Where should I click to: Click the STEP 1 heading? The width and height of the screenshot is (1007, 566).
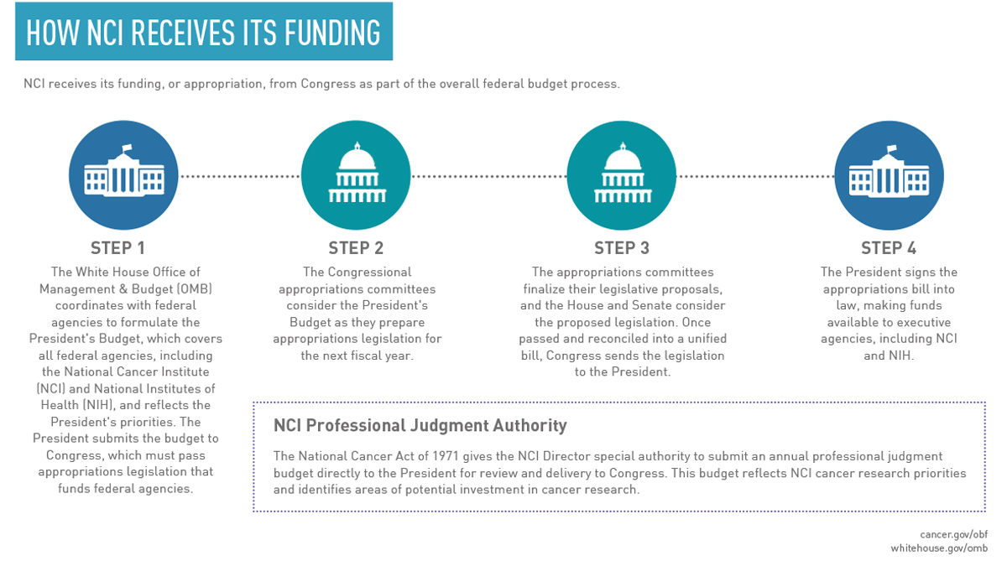pyautogui.click(x=117, y=248)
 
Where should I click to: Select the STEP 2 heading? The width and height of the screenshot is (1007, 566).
pyautogui.click(x=356, y=248)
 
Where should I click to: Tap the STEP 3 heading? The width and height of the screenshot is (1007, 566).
pyautogui.click(x=622, y=248)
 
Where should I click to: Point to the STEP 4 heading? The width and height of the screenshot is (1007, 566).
pyautogui.click(x=889, y=248)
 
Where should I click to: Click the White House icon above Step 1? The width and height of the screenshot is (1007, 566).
pyautogui.click(x=123, y=176)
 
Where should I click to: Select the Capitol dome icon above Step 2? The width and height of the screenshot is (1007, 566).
pyautogui.click(x=356, y=176)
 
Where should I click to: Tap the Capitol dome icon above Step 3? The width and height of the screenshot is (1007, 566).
pyautogui.click(x=622, y=176)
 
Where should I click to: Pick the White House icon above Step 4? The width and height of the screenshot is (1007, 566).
pyautogui.click(x=889, y=176)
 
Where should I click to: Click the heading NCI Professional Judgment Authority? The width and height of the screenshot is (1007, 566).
pyautogui.click(x=420, y=425)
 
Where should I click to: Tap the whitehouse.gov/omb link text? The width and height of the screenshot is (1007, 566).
pyautogui.click(x=939, y=548)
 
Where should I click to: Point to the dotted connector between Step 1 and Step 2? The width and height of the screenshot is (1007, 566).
pyautogui.click(x=239, y=176)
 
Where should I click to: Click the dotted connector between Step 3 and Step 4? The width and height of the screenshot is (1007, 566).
pyautogui.click(x=754, y=176)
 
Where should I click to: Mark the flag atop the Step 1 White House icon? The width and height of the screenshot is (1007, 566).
pyautogui.click(x=128, y=149)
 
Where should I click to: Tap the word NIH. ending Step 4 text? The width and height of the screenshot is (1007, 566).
pyautogui.click(x=900, y=355)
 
